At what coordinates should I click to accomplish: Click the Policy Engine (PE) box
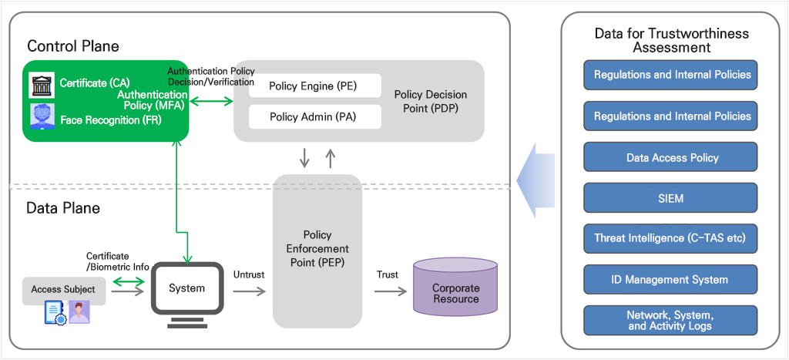(314, 86)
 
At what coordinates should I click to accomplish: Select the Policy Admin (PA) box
(314, 116)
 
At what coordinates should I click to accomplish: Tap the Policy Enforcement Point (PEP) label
(317, 249)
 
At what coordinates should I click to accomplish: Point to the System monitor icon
(187, 296)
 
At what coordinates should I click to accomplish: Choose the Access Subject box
(63, 289)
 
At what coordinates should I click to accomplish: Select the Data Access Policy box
(672, 157)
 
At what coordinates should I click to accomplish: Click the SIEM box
(672, 198)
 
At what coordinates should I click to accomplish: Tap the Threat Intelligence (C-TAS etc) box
(672, 238)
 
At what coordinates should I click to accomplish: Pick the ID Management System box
(672, 279)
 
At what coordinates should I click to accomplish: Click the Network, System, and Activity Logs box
(672, 320)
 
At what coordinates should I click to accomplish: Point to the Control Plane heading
(73, 46)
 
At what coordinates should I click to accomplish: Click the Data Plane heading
(63, 208)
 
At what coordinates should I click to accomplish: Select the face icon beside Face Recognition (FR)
(42, 116)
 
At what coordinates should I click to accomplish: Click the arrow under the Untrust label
(249, 291)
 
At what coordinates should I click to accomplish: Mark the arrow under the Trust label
(390, 291)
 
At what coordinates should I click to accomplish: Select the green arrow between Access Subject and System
(128, 286)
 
